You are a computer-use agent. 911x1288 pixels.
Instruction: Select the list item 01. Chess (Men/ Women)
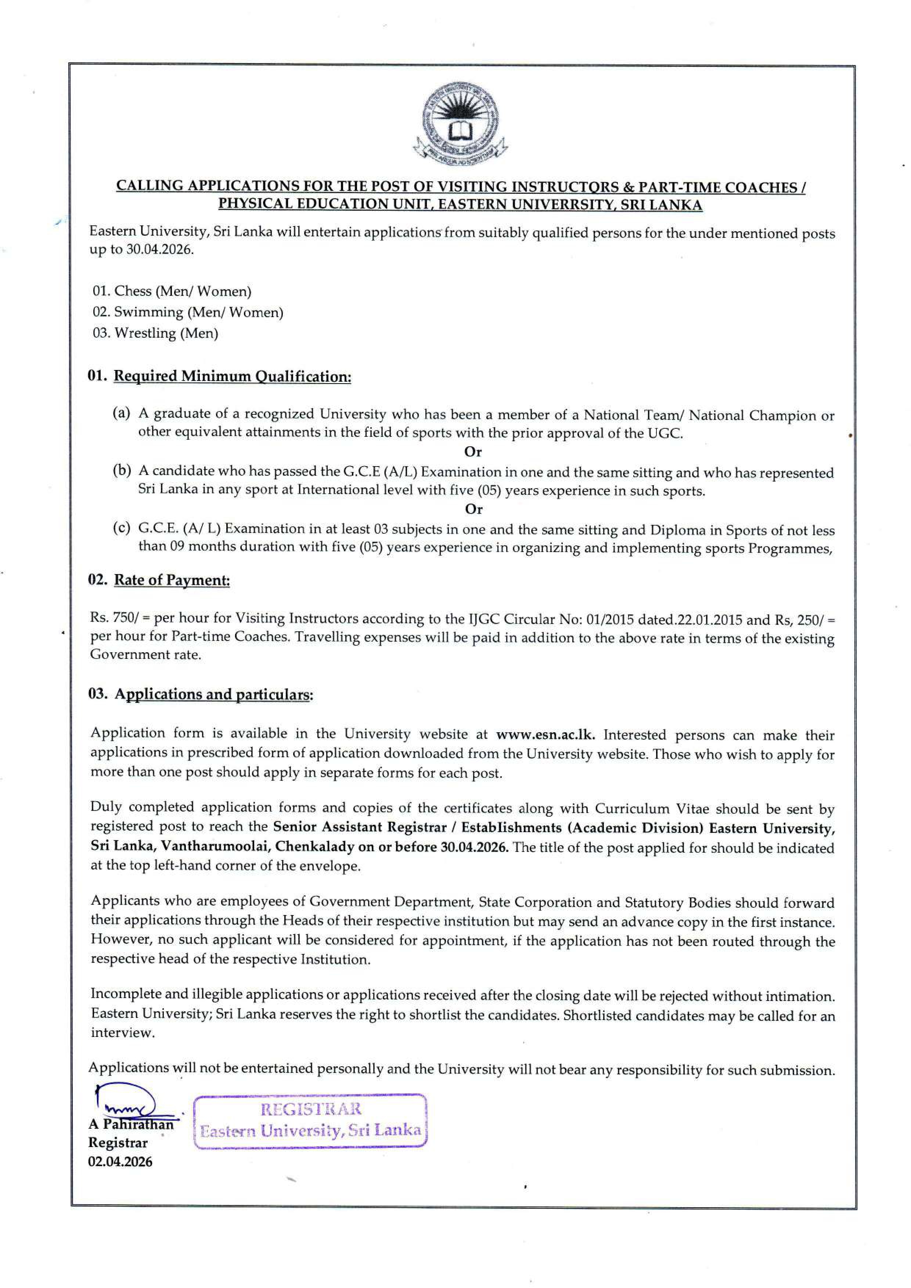point(172,291)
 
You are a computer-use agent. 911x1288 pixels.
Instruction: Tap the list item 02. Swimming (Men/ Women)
point(187,312)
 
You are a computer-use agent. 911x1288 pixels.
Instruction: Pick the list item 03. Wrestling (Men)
point(155,333)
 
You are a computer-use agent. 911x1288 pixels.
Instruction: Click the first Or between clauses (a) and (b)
point(473,451)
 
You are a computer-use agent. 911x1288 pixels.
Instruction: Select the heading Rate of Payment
point(172,580)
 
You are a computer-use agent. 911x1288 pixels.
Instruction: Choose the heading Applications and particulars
point(213,694)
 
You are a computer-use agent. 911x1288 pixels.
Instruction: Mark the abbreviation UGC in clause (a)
point(667,433)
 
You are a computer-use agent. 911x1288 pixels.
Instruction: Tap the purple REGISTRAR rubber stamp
point(310,1121)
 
